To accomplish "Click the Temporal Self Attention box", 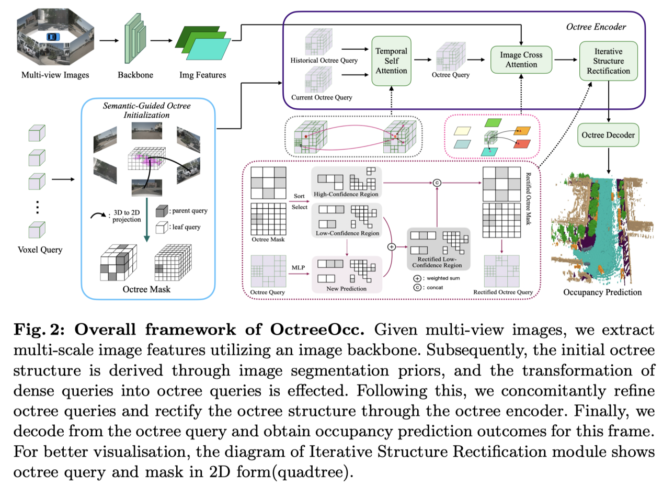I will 391,61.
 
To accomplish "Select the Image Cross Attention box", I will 521,60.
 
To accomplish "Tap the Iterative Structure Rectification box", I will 609,61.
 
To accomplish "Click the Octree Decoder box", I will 608,135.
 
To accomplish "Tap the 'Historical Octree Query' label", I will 324,61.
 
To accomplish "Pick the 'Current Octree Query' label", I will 321,97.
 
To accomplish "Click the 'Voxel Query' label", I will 40,250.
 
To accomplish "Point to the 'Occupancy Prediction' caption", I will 602,292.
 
